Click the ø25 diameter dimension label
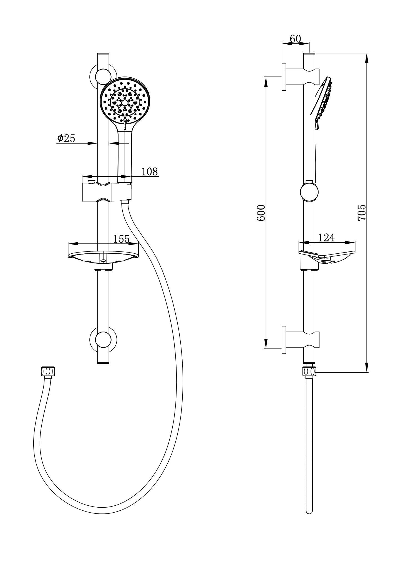pyautogui.click(x=66, y=138)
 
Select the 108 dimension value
pyautogui.click(x=150, y=172)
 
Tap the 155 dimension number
pyautogui.click(x=121, y=239)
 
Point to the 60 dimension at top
pyautogui.click(x=295, y=39)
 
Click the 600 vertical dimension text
pyautogui.click(x=261, y=213)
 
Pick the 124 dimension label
pyautogui.click(x=326, y=237)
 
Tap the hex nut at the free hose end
pyautogui.click(x=48, y=371)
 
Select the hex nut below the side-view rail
pyautogui.click(x=309, y=371)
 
